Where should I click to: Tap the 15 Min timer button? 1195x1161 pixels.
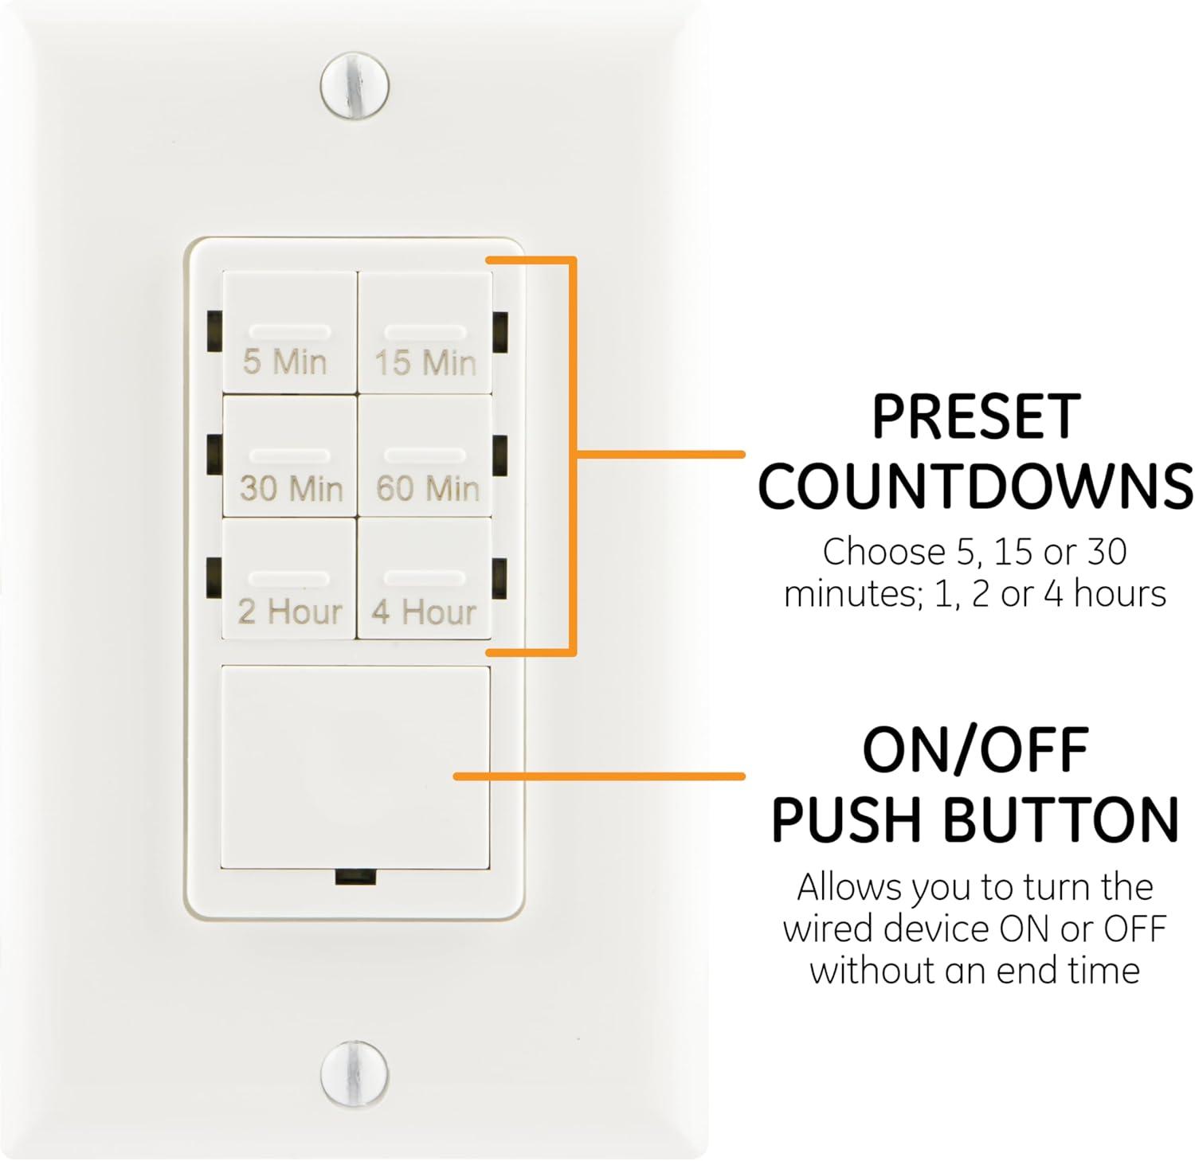pos(425,333)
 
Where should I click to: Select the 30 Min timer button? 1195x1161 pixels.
pos(289,457)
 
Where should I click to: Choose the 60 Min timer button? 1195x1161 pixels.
pos(425,457)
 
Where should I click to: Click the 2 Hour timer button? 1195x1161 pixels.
pos(289,580)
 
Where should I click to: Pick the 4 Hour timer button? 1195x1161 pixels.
pos(425,580)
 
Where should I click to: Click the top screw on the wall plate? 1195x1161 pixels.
pos(355,85)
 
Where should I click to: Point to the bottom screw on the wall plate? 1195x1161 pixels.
pos(355,1073)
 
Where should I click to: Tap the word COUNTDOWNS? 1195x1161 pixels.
pos(975,487)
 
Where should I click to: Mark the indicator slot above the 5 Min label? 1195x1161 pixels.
pos(289,331)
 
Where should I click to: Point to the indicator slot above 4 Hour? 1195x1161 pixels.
pos(425,577)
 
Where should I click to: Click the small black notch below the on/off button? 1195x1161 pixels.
pos(355,877)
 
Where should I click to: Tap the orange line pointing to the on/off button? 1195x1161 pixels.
pos(597,776)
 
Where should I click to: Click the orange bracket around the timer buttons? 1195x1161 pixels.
pos(572,455)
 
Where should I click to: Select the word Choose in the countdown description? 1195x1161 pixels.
pos(872,552)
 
